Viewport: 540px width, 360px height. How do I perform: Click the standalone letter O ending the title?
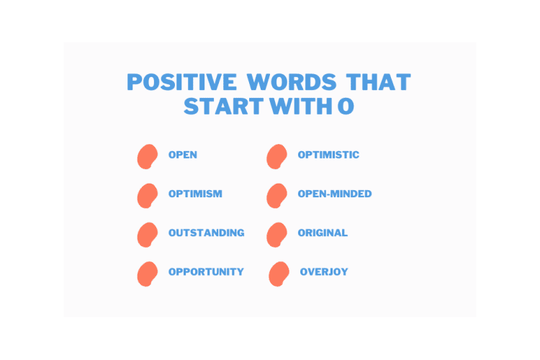346,106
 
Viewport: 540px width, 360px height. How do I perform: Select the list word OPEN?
183,155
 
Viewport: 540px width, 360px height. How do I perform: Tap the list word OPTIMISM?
195,194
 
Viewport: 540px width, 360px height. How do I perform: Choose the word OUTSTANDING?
206,233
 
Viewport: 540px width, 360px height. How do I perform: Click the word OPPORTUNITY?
206,271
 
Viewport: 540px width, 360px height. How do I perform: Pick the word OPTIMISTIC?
328,155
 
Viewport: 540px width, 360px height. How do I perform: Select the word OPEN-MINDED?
335,194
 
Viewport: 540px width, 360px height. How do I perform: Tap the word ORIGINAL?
323,233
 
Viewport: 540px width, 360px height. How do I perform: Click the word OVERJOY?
324,271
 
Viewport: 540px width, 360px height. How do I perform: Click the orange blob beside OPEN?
148,156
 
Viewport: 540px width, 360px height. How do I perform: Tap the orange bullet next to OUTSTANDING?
148,234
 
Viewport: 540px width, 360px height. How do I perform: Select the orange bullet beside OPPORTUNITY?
148,273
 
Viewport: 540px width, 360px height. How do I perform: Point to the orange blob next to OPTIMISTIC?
276,156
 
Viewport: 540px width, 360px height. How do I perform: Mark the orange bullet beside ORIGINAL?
276,234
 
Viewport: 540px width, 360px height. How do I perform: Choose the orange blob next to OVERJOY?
279,273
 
